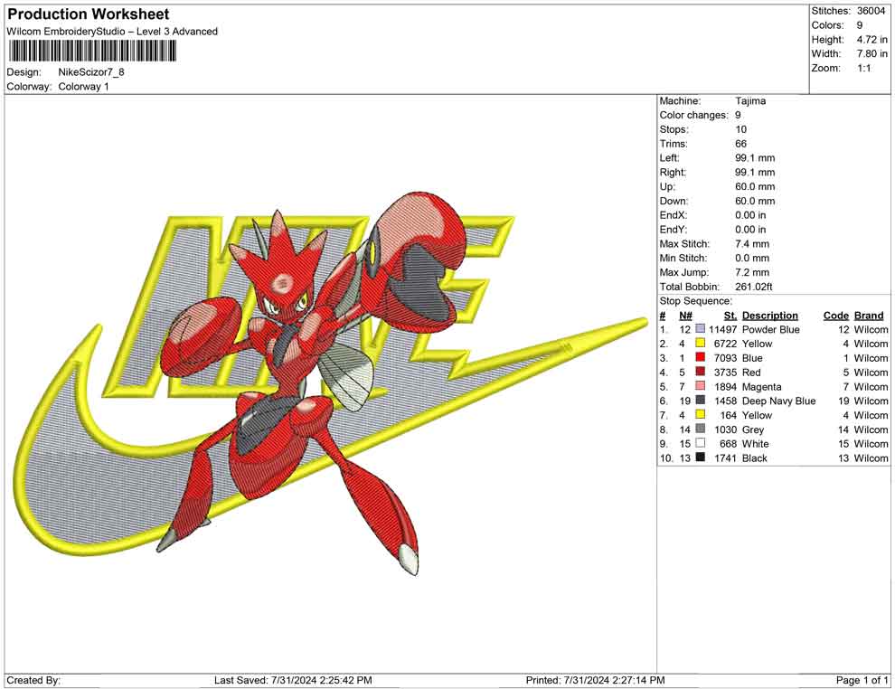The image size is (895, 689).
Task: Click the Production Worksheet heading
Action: pyautogui.click(x=89, y=14)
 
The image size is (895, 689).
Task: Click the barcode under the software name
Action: pyautogui.click(x=91, y=52)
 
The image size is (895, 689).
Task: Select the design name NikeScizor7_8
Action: pyautogui.click(x=91, y=72)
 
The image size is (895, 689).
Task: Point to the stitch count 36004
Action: pyautogui.click(x=871, y=11)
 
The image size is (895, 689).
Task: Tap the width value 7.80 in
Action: pyautogui.click(x=871, y=53)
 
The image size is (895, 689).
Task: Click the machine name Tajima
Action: pyautogui.click(x=750, y=101)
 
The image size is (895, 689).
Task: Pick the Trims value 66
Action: pyautogui.click(x=741, y=144)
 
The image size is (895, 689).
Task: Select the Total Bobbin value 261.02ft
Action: pyautogui.click(x=753, y=287)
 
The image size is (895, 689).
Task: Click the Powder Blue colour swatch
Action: pyautogui.click(x=701, y=329)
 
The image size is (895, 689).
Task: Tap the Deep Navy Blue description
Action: pyautogui.click(x=778, y=401)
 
